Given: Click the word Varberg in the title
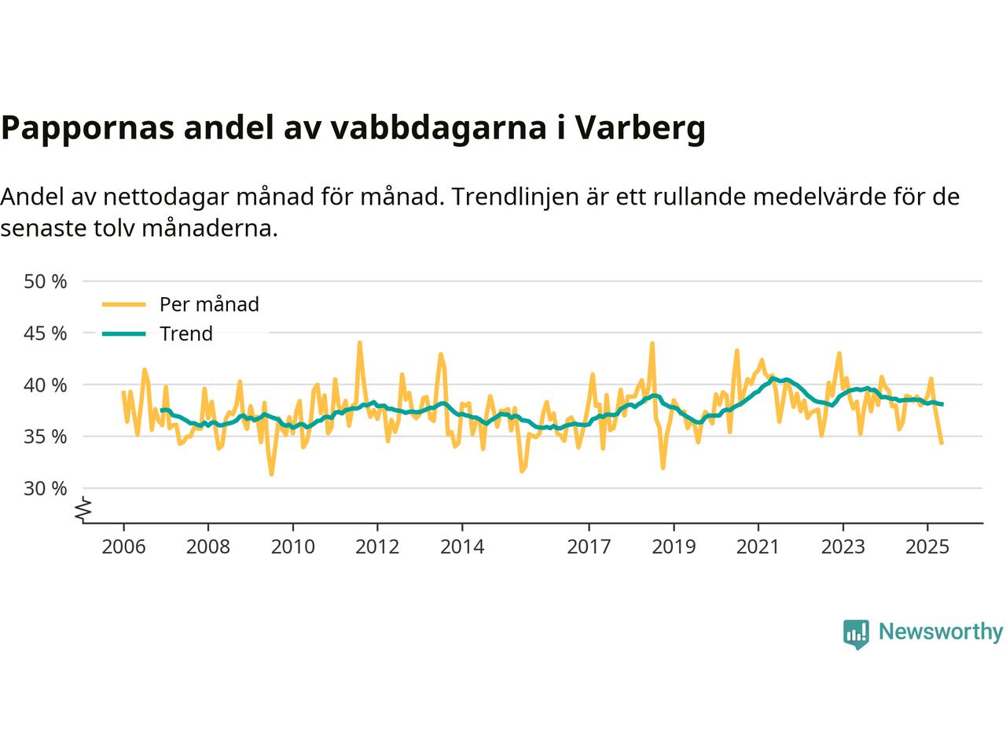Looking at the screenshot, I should pos(640,128).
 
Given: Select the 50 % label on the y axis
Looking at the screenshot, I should pos(46,281).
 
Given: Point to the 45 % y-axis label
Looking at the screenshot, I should pos(46,333).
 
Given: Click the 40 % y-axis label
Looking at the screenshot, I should pos(46,385).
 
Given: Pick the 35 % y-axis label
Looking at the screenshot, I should pos(46,436).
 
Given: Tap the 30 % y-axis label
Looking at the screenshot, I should pos(46,488).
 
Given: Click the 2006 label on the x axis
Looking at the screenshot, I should pos(123,546).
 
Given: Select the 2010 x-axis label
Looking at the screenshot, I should pos(292,546).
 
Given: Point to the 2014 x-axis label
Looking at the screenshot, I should pos(462,546).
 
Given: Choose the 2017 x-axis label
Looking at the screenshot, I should pos(589,546).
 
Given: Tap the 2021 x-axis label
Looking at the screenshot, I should pos(758,546).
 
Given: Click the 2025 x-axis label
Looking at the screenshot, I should pos(927,546).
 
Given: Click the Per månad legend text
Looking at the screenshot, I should pos(209,304).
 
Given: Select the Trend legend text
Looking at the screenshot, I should pos(186,333).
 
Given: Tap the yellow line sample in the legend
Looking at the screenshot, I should pos(124,304).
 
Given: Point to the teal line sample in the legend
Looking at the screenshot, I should pos(124,333).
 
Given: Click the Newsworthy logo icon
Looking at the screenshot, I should pos(856,633).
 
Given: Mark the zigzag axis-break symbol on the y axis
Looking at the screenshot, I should pos(83,510).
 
